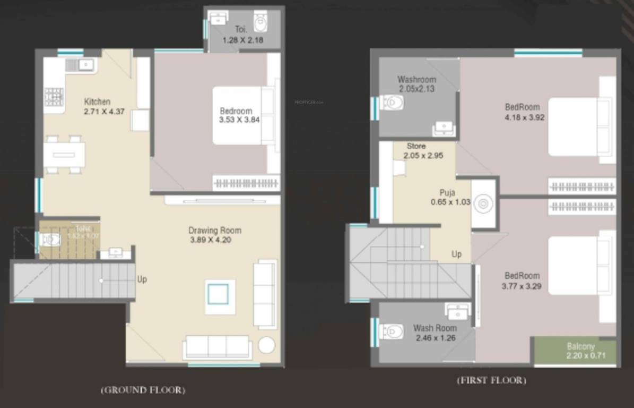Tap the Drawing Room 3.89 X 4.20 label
[215, 235]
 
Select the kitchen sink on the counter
[80, 65]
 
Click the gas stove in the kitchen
[54, 97]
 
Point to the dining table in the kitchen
[64, 155]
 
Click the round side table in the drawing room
[266, 345]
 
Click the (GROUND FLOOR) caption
[143, 390]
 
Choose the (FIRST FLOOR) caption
[492, 380]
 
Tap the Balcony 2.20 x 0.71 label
[580, 352]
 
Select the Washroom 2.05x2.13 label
[416, 84]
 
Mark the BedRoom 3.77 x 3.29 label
[522, 280]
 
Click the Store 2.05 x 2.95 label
[422, 151]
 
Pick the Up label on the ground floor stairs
[142, 279]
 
